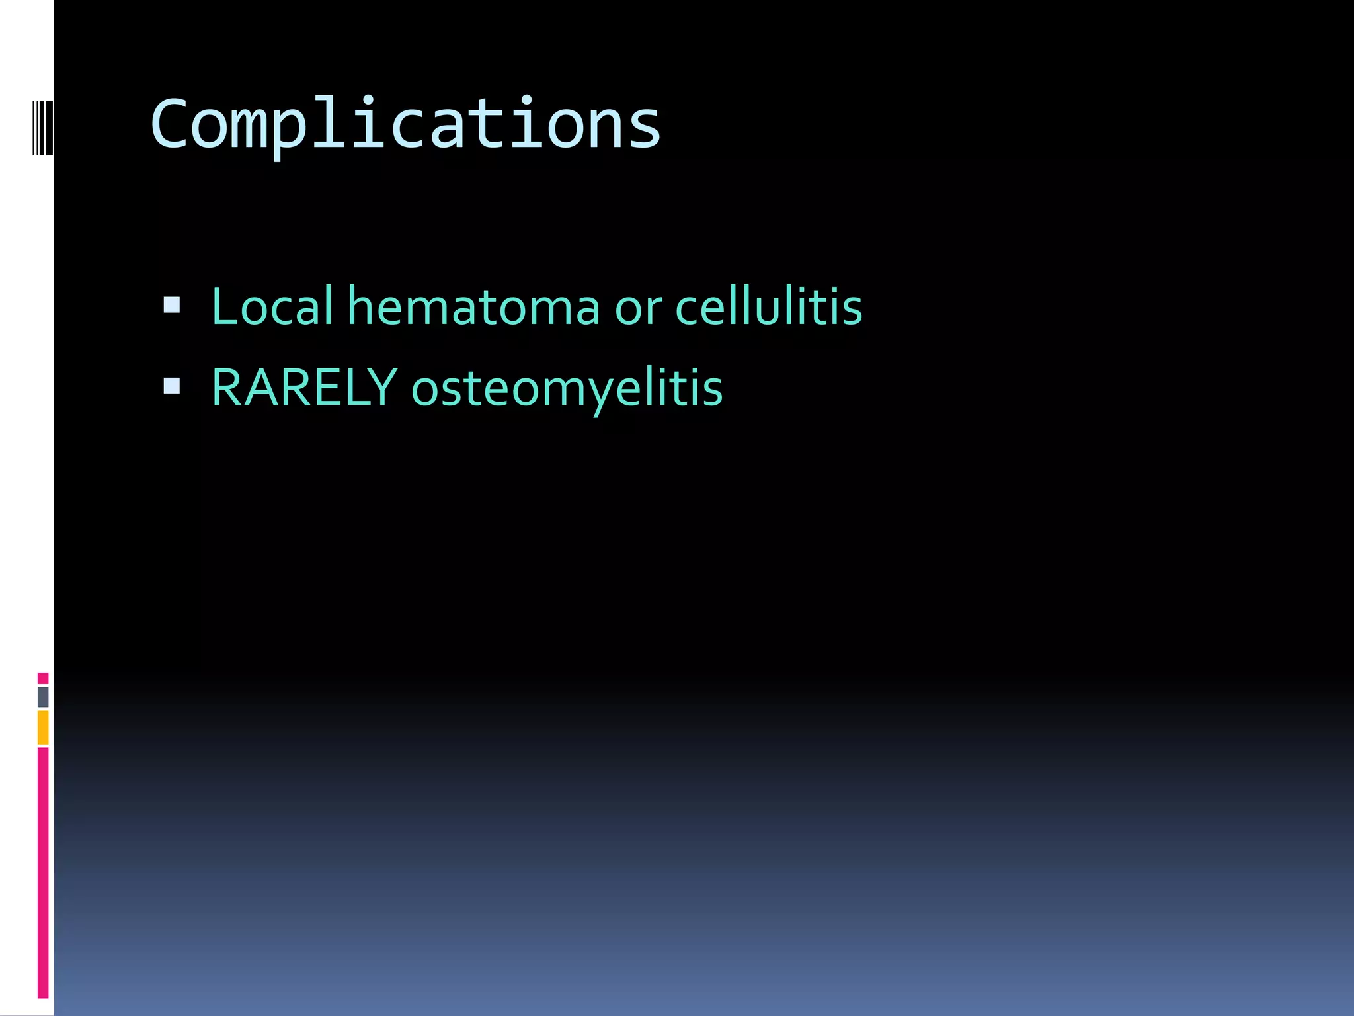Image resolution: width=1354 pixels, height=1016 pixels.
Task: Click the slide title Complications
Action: (405, 124)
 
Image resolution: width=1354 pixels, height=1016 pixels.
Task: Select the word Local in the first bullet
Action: (272, 306)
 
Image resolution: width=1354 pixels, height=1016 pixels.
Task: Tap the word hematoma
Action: (473, 306)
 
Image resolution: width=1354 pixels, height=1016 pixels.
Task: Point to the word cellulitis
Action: (768, 306)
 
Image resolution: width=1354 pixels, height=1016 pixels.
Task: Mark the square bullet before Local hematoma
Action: (172, 305)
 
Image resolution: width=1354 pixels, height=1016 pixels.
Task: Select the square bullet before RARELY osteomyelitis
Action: (172, 386)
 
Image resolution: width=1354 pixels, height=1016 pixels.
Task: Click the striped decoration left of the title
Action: (43, 127)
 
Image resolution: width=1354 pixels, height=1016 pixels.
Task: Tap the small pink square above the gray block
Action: (43, 678)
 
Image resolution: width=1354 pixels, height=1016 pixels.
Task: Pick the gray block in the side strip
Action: (43, 697)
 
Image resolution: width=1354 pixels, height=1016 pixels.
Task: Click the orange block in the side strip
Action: (43, 727)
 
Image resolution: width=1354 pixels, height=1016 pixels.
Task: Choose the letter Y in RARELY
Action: (383, 388)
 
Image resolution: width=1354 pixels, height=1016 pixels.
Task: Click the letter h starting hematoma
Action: (362, 306)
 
